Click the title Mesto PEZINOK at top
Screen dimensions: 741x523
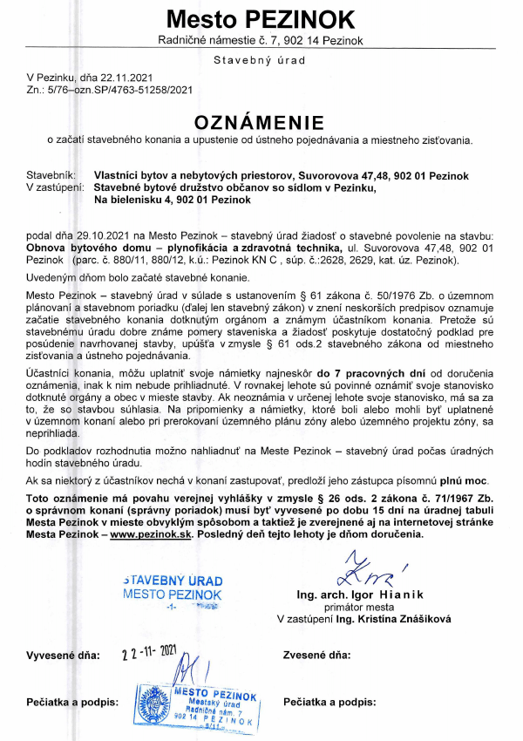click(261, 19)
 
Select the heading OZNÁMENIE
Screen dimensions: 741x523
click(260, 120)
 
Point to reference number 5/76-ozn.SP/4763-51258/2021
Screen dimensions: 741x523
click(119, 89)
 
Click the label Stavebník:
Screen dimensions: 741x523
click(52, 175)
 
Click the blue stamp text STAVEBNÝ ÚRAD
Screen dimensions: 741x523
click(173, 581)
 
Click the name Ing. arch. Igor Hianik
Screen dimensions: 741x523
click(358, 595)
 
